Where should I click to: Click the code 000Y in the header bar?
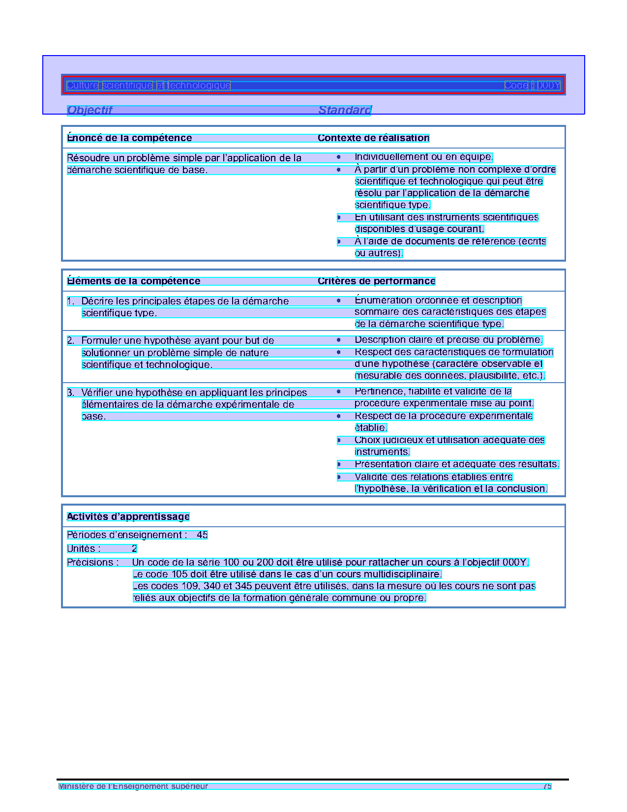tap(548, 86)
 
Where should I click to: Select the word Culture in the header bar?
tap(83, 86)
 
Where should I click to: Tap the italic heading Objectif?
tap(90, 110)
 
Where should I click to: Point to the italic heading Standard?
tap(345, 110)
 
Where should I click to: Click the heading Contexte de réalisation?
tap(373, 138)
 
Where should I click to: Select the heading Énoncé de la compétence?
tap(129, 138)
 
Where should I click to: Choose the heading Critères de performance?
tap(376, 281)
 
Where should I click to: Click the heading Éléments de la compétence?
tap(133, 281)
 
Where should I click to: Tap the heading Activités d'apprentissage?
tap(128, 517)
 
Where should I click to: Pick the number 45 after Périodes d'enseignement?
tap(202, 535)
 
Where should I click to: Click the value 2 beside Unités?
tap(134, 549)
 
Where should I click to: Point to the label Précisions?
tap(92, 563)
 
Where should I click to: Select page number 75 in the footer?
tap(547, 786)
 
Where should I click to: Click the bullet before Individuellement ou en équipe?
tap(339, 157)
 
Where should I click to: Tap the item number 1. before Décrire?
tap(71, 301)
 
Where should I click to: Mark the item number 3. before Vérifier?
tap(71, 393)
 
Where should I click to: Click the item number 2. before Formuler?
tap(71, 341)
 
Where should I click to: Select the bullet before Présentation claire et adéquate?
tap(339, 464)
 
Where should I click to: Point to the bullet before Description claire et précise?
tap(339, 340)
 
